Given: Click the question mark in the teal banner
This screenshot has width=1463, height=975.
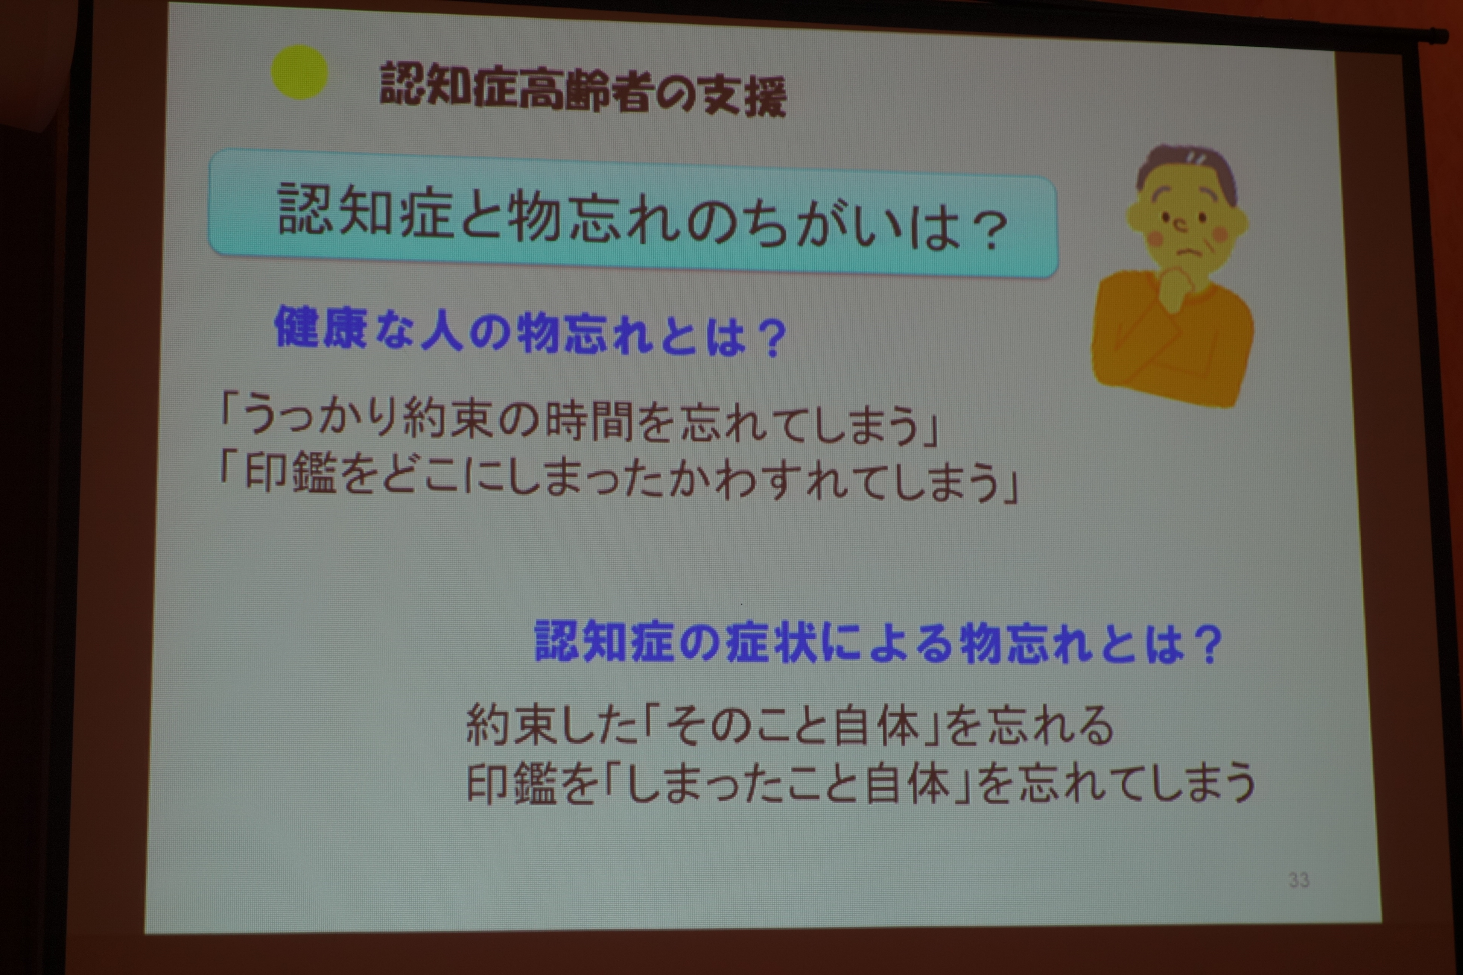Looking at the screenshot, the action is click(989, 231).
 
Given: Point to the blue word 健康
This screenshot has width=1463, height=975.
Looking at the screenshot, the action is click(320, 327).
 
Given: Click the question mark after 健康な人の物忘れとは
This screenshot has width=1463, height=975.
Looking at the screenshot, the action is click(772, 339).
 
